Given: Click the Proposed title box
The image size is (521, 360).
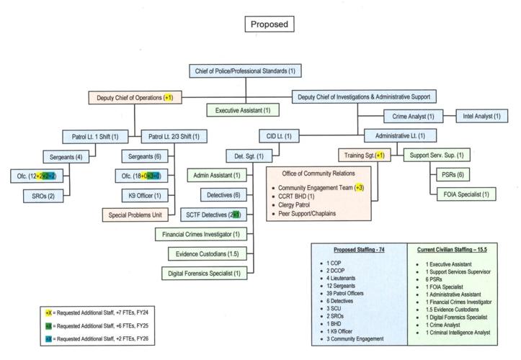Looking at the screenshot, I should pyautogui.click(x=269, y=24).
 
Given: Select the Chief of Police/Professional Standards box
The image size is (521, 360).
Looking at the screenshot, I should pyautogui.click(x=245, y=71).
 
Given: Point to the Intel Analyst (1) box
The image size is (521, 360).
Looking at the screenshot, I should pyautogui.click(x=481, y=116).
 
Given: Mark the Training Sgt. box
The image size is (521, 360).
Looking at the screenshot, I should pyautogui.click(x=363, y=156).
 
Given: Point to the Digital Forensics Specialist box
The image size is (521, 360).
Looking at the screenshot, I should pyautogui.click(x=203, y=273).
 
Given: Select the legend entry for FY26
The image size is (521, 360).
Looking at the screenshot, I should pyautogui.click(x=94, y=338).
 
